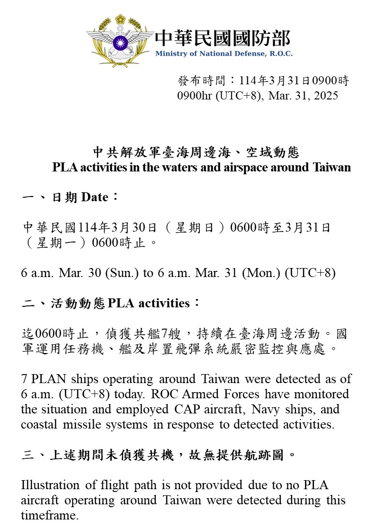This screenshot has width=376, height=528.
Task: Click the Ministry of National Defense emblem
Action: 119,42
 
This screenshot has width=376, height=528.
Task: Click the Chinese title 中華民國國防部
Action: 223,37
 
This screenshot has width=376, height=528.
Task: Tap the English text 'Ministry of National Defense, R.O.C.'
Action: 224,54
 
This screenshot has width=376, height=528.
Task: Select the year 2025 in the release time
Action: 325,96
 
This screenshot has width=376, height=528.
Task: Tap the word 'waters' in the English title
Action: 182,167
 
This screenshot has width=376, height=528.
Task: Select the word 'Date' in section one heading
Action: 95,197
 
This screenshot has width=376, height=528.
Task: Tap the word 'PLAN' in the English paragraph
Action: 50,379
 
